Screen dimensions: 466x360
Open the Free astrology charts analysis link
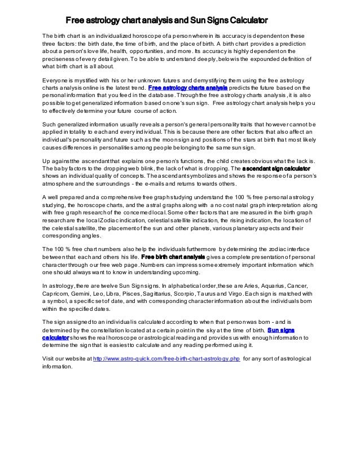188,89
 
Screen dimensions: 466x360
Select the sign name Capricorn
56,293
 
